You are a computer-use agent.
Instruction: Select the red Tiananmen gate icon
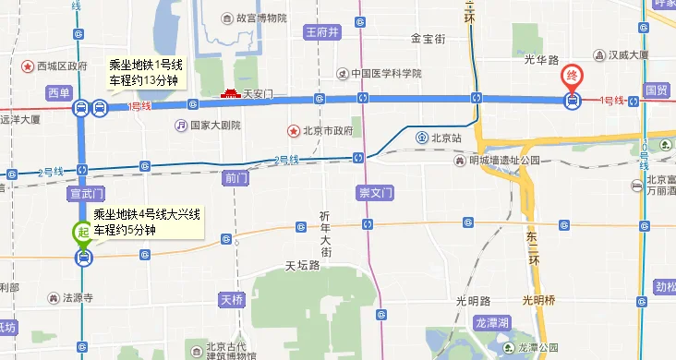click(231, 93)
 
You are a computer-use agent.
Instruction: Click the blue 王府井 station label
click(323, 32)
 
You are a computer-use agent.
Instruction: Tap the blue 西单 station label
click(58, 91)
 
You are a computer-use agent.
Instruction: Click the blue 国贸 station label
click(657, 90)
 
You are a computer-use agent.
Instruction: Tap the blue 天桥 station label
click(231, 299)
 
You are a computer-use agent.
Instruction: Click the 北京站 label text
click(444, 138)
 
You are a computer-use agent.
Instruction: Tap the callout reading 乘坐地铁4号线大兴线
click(149, 222)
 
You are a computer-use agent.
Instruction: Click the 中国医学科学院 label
click(385, 73)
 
